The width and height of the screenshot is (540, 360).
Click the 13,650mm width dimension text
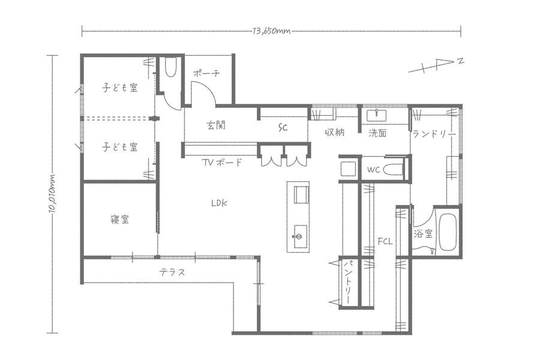pos(271,31)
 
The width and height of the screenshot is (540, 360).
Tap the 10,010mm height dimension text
pos(52,193)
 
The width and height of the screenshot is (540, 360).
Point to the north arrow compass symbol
pos(436,65)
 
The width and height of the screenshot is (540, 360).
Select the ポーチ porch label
pos(206,73)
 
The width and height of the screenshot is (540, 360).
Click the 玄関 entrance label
pos(216,125)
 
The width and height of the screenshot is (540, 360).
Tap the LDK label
pos(220,203)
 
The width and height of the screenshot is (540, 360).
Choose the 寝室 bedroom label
pos(119,219)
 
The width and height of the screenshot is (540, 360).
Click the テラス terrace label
pos(172,272)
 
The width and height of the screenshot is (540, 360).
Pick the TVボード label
pos(222,162)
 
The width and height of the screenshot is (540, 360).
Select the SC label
pos(283,128)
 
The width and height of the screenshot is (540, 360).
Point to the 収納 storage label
pos(335,132)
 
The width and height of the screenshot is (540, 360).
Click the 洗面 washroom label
pos(377,133)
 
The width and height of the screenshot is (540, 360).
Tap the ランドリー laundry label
pos(434,134)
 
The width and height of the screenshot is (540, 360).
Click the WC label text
pos(373,169)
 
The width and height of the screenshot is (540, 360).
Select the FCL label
pos(385,242)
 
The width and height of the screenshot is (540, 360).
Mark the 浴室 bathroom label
pos(423,234)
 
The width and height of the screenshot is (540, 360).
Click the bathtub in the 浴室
pos(448,232)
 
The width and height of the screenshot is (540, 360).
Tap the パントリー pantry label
pos(349,282)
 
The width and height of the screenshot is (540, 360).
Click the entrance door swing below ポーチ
pos(203,93)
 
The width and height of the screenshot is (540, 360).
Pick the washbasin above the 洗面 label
pos(376,115)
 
